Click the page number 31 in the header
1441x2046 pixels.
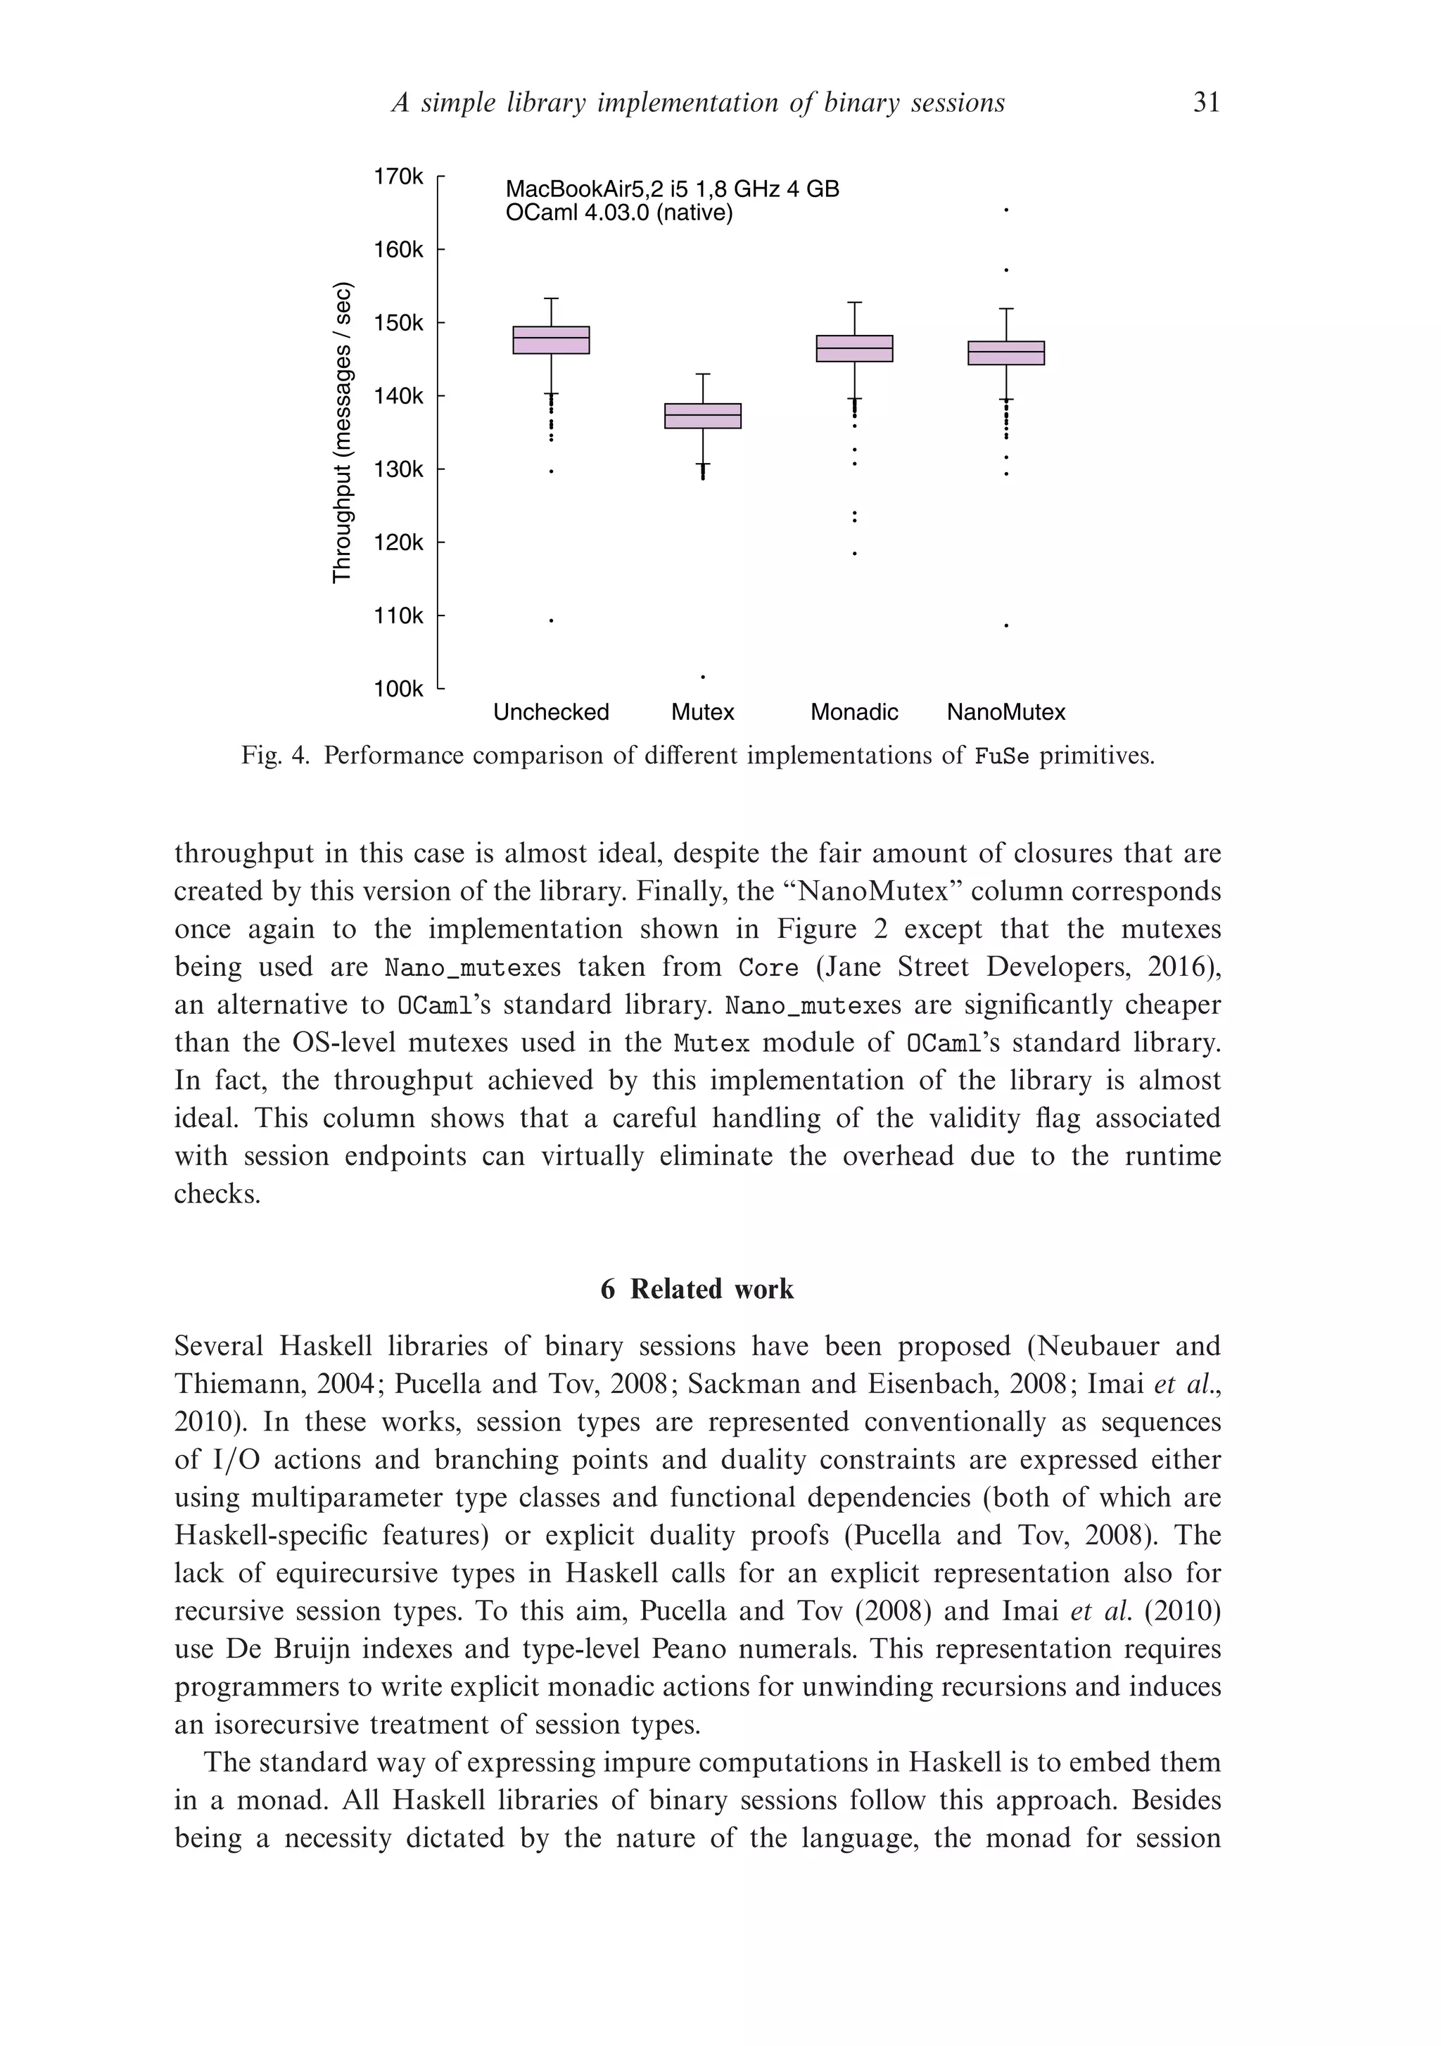click(1206, 103)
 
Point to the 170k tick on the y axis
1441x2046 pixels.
click(398, 177)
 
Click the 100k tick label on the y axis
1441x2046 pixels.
click(398, 689)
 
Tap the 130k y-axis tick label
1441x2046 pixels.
click(398, 469)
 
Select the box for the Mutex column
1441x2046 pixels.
click(702, 416)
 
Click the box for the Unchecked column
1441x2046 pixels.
click(551, 341)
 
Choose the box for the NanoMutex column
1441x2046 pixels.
click(1005, 353)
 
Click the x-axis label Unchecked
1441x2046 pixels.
click(551, 713)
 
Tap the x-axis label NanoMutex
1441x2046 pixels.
click(1005, 713)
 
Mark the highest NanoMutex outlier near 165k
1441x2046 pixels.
click(1005, 210)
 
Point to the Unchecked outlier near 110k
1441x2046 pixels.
click(551, 621)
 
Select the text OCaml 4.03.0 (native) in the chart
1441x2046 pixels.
click(618, 214)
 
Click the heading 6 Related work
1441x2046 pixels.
click(697, 1290)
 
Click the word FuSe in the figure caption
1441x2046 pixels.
click(1002, 756)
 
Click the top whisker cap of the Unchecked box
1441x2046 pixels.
click(551, 298)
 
